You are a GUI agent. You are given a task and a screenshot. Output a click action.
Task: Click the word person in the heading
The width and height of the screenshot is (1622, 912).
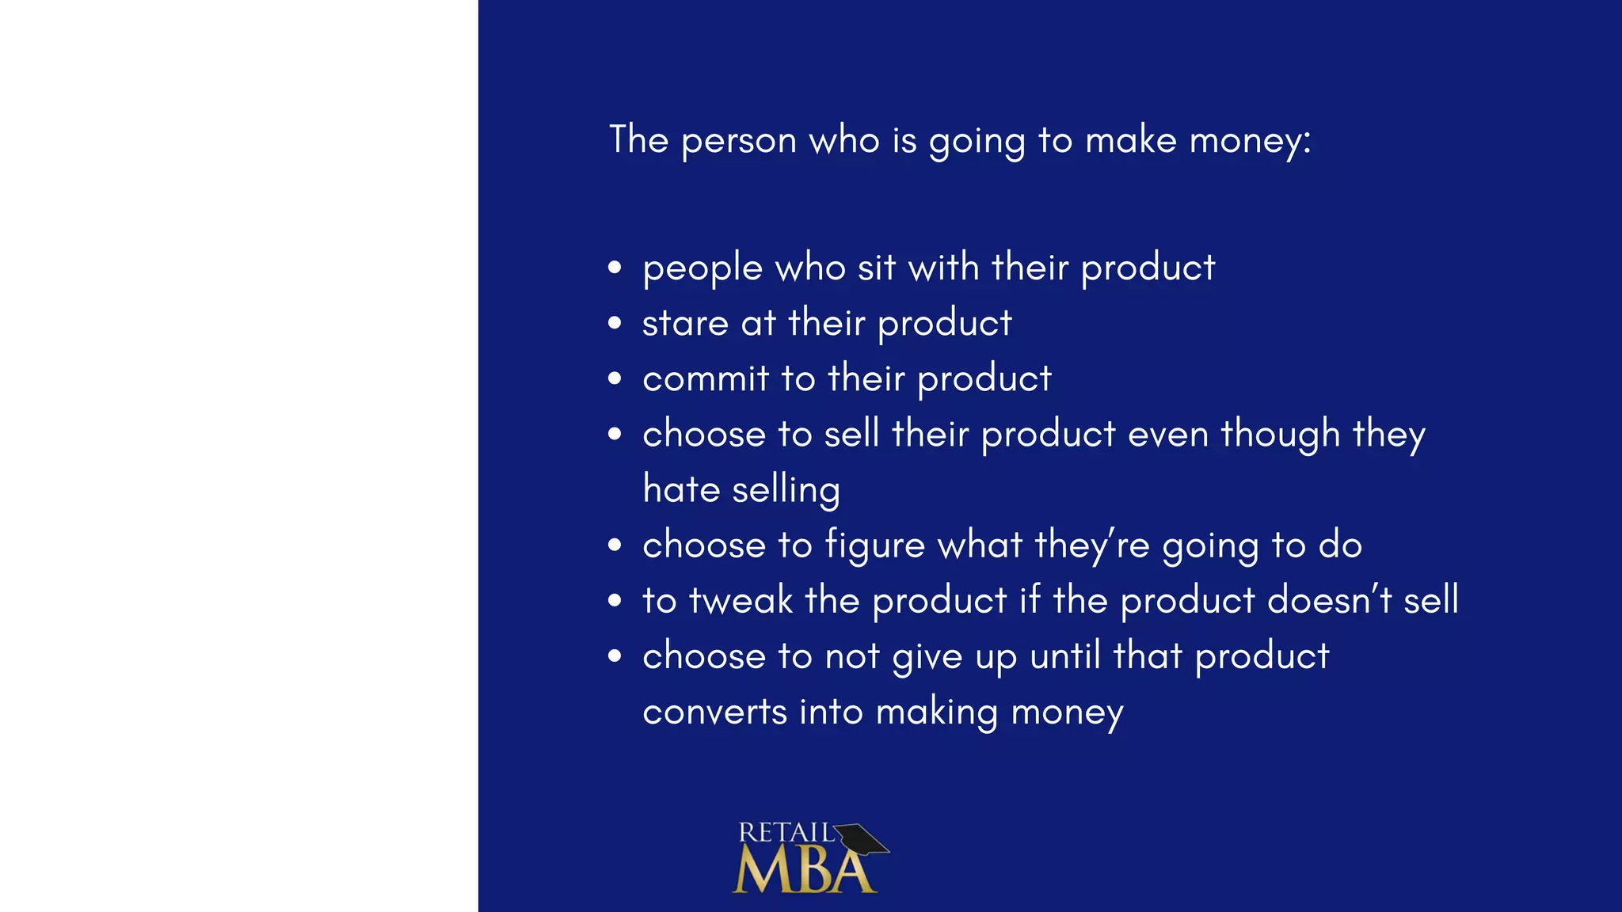(x=738, y=142)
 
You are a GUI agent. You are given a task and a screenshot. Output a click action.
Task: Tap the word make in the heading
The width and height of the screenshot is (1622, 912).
(x=1131, y=140)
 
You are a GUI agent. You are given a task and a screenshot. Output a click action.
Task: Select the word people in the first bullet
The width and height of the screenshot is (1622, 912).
(x=702, y=269)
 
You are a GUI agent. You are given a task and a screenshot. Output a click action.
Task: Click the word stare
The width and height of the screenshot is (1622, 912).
(x=685, y=324)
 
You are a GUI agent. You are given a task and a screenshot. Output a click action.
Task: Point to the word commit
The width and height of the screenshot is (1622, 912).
(x=706, y=378)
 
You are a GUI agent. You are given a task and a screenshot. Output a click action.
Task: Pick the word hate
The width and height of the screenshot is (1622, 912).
(x=681, y=489)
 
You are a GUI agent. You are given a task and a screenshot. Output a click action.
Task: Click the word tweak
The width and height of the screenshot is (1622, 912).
(x=741, y=600)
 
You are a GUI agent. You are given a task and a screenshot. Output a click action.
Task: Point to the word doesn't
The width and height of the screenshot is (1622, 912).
(x=1330, y=600)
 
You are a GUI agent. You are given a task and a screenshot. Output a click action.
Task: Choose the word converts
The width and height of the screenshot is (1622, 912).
(x=714, y=712)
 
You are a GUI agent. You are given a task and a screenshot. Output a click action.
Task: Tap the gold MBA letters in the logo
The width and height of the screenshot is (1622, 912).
(x=804, y=871)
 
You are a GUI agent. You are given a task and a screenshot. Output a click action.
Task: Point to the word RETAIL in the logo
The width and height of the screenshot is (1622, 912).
(x=786, y=833)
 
